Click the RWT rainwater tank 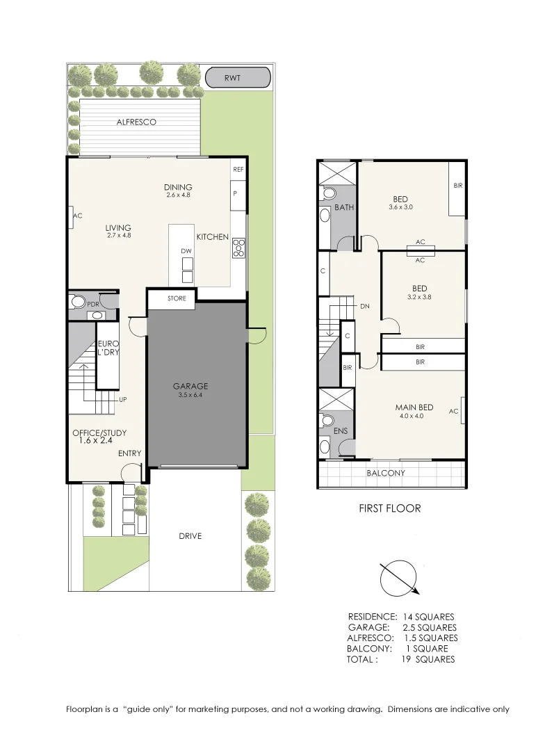point(237,77)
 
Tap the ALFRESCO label point(136,122)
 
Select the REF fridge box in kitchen point(238,169)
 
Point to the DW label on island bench point(186,251)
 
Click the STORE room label point(177,298)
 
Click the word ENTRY point(129,453)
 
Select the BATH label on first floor point(343,208)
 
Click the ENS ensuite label point(341,432)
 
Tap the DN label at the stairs point(364,306)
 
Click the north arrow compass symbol point(399,578)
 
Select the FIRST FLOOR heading point(389,508)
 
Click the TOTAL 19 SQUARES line point(400,659)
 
